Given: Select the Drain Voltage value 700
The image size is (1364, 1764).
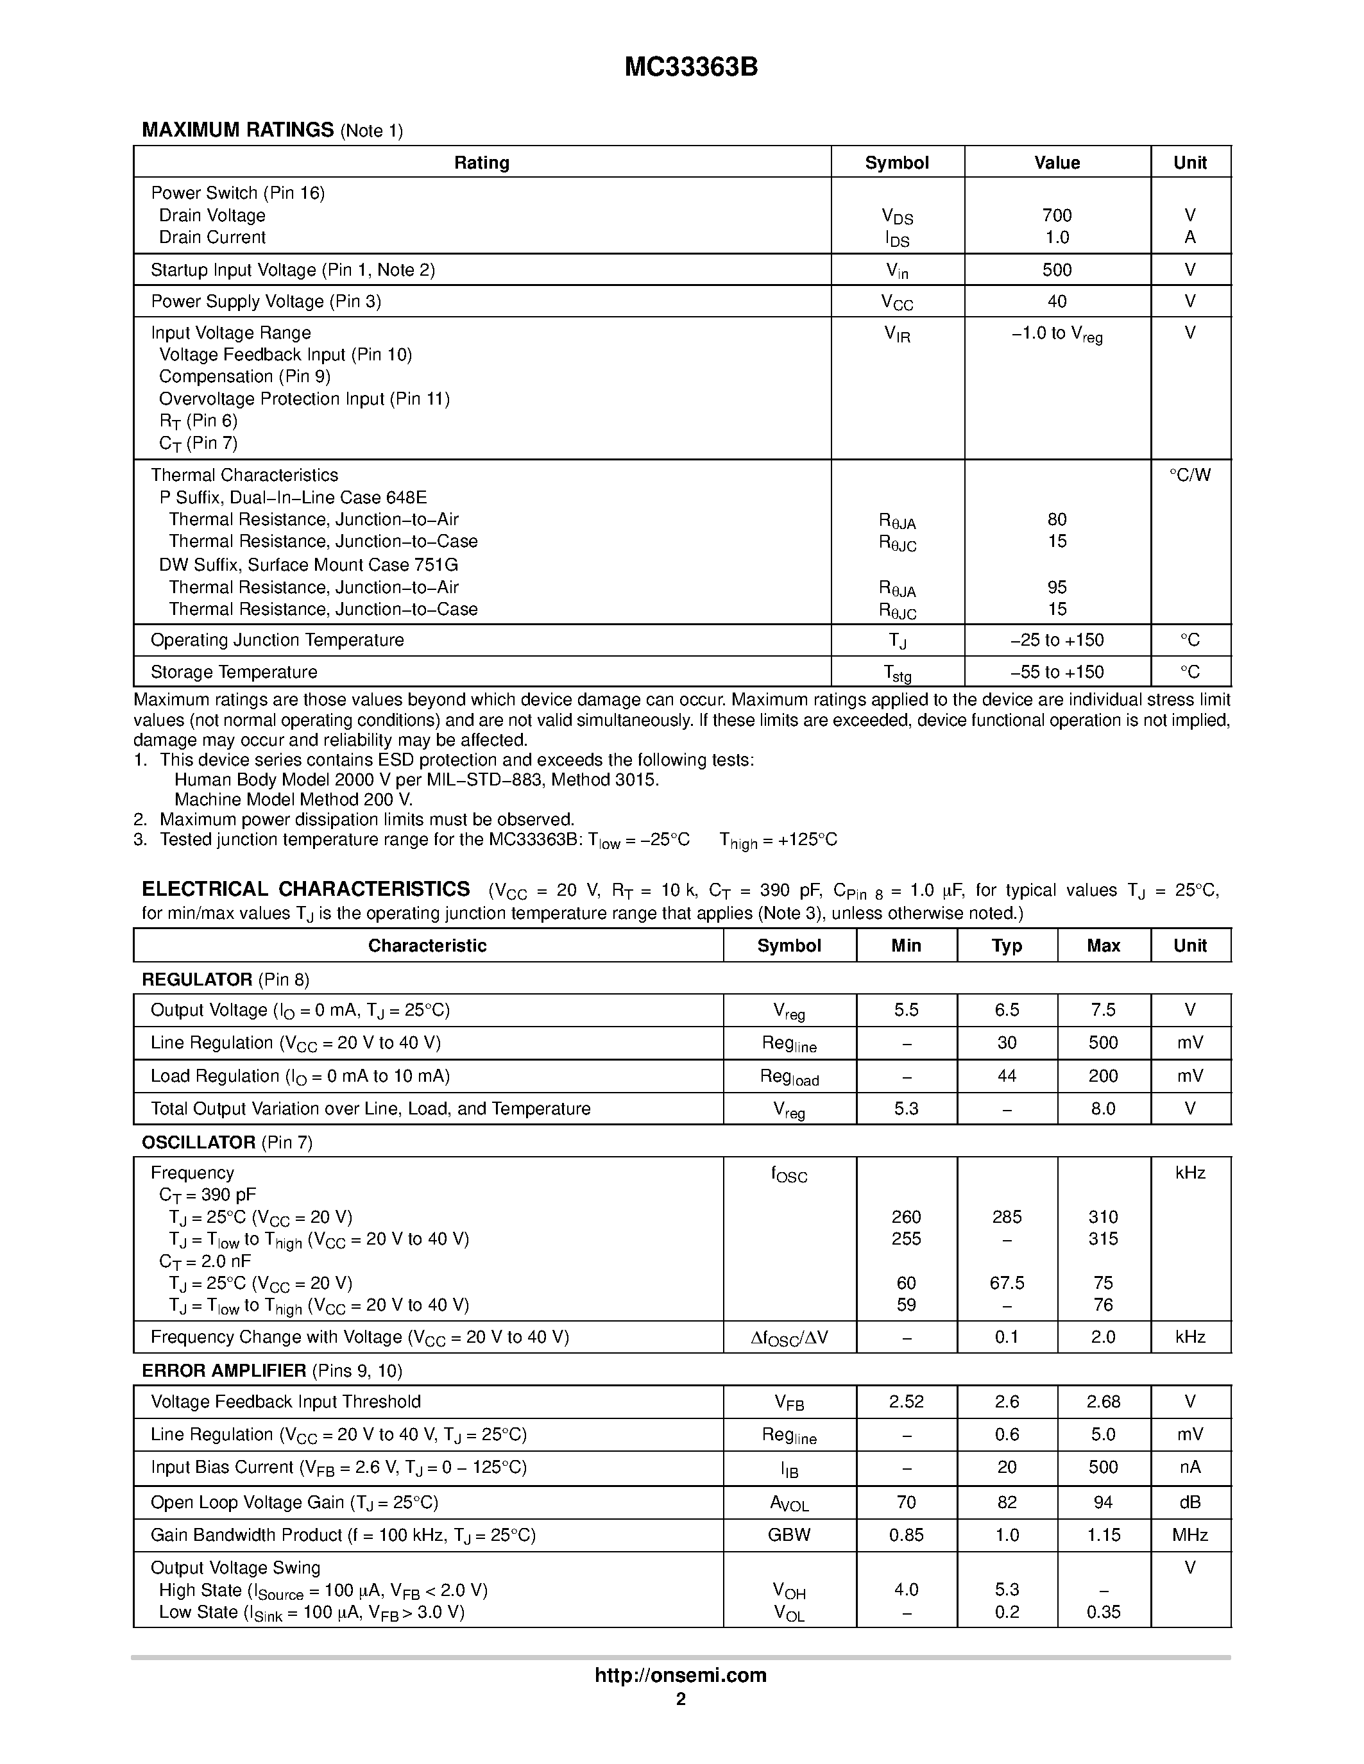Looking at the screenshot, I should (x=1056, y=215).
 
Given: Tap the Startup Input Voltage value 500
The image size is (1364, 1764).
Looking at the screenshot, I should (x=1056, y=270).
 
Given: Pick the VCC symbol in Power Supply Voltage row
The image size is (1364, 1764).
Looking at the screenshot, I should (x=896, y=302).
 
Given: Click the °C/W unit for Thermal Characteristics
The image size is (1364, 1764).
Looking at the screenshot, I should (x=1189, y=475).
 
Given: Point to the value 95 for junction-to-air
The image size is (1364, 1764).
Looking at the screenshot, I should (x=1056, y=587).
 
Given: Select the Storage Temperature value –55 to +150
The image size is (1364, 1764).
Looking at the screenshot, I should (x=1056, y=672).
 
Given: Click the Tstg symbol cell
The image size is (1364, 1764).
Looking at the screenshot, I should (x=896, y=673).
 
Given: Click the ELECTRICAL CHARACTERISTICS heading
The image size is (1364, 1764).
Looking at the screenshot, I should (x=305, y=889).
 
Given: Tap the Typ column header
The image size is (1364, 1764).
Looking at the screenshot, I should (x=1006, y=946).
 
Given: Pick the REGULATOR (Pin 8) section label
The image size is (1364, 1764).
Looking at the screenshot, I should (x=225, y=980).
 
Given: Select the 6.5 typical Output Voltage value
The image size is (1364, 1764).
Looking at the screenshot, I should (x=1006, y=1011).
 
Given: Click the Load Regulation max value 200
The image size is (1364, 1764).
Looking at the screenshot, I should (x=1102, y=1076).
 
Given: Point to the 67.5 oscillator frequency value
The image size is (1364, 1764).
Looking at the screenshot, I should (x=1006, y=1282).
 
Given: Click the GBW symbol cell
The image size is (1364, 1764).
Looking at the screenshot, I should (x=789, y=1534).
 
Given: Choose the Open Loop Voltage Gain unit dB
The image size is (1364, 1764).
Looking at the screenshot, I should (x=1189, y=1502).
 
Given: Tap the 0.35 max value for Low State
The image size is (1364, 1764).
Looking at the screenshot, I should (x=1102, y=1612).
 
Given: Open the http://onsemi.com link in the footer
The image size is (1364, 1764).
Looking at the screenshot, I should (x=680, y=1675).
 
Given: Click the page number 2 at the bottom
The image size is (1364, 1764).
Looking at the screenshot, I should (x=680, y=1699).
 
